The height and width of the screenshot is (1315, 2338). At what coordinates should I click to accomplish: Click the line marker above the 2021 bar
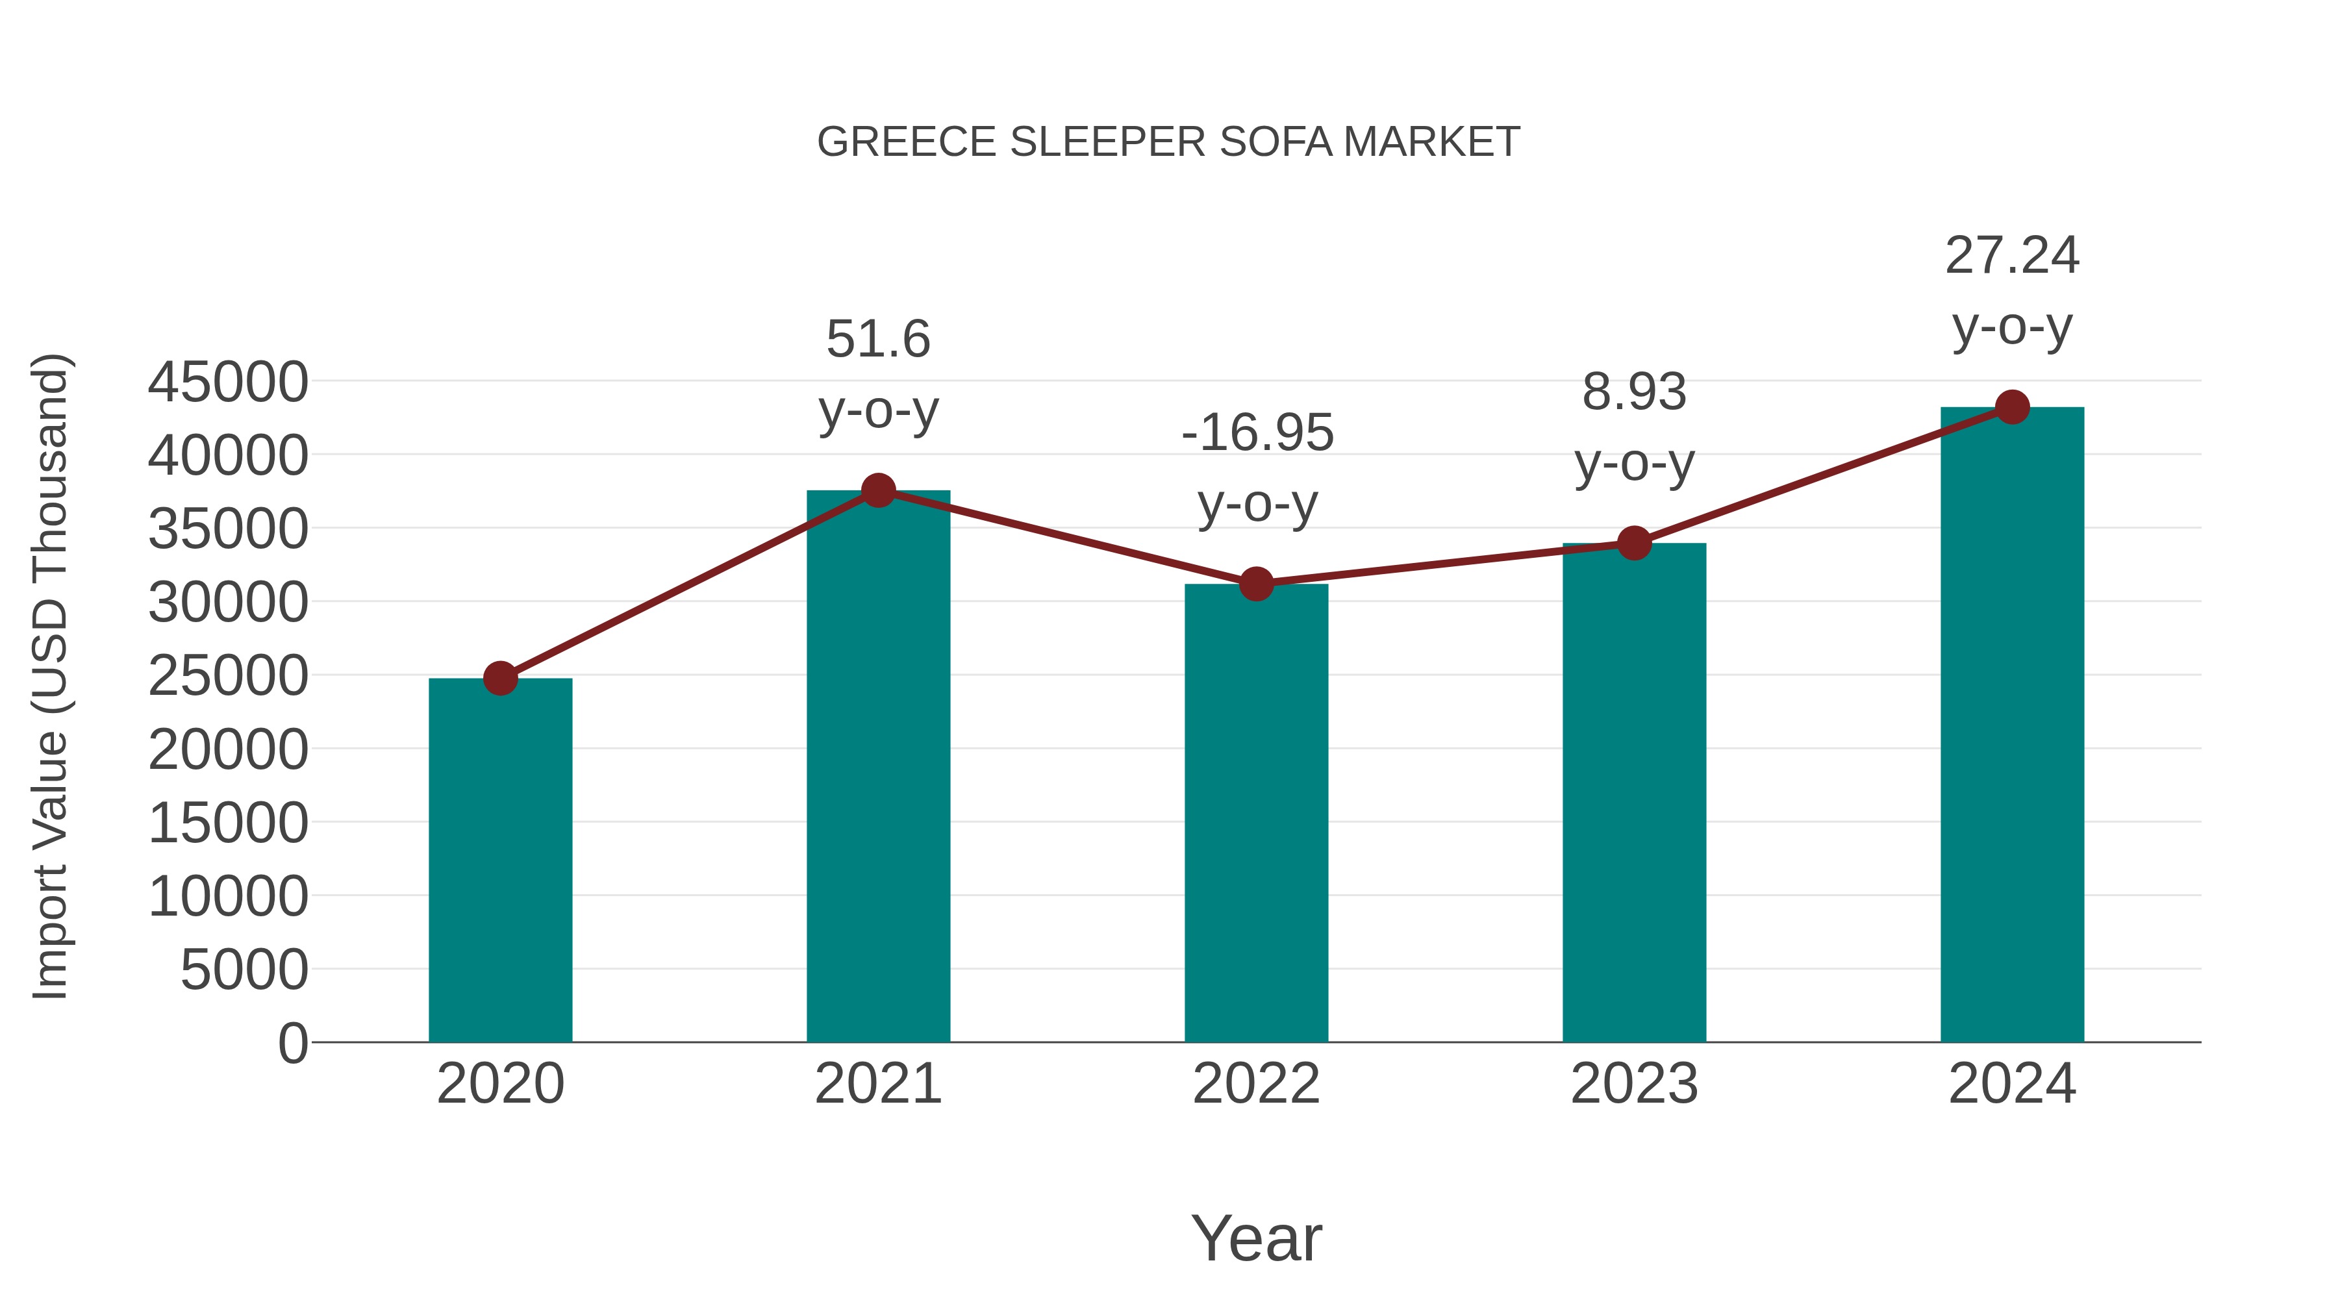(877, 491)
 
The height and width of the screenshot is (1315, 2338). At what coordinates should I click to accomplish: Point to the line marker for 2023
(1634, 544)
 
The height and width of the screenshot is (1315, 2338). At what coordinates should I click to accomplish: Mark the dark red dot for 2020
(500, 678)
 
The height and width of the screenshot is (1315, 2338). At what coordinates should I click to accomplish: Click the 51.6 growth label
(877, 340)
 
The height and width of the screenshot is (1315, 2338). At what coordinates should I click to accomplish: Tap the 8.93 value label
(1634, 392)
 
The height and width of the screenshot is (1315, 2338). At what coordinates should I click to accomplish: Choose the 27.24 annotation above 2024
(2012, 255)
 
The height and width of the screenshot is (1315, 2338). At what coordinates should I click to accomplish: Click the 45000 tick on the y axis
(228, 382)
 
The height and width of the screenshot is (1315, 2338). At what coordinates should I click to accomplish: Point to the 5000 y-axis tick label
(244, 970)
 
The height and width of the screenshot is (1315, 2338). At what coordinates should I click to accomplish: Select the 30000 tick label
(228, 603)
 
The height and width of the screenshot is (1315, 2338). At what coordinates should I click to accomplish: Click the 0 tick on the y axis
(293, 1044)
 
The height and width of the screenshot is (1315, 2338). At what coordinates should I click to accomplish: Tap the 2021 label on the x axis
(877, 1084)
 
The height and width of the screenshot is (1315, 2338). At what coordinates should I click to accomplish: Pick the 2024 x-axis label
(2012, 1084)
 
